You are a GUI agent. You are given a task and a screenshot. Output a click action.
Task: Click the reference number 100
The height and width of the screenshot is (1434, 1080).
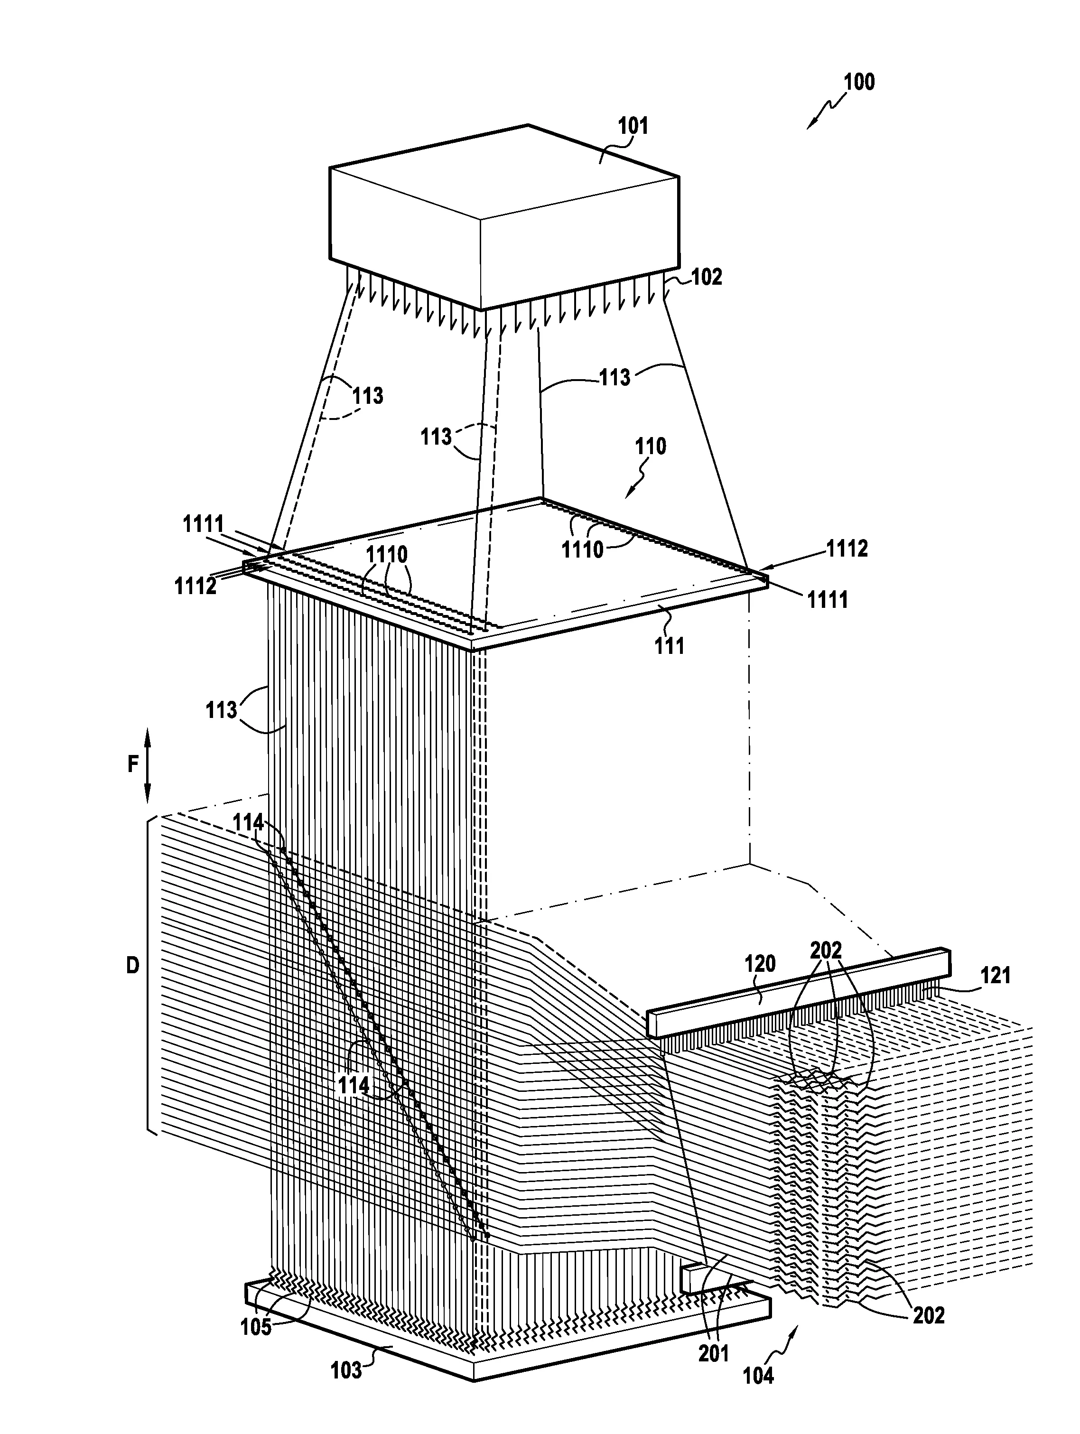tap(859, 83)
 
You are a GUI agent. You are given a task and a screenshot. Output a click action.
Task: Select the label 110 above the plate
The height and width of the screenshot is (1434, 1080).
tap(650, 446)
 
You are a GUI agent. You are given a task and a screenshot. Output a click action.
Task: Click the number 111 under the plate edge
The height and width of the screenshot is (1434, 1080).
tap(669, 646)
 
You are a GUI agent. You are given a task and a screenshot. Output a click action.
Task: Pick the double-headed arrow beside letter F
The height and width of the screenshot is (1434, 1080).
tap(147, 765)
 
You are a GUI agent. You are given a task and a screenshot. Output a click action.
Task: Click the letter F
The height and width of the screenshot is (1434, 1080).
tap(132, 765)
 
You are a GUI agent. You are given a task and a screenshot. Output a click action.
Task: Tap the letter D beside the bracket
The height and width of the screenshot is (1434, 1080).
tap(132, 966)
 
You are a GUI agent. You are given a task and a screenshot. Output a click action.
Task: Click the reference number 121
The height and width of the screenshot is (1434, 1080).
tap(995, 975)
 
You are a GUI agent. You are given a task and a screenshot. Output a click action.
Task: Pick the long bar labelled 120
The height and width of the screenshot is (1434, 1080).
tap(799, 993)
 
